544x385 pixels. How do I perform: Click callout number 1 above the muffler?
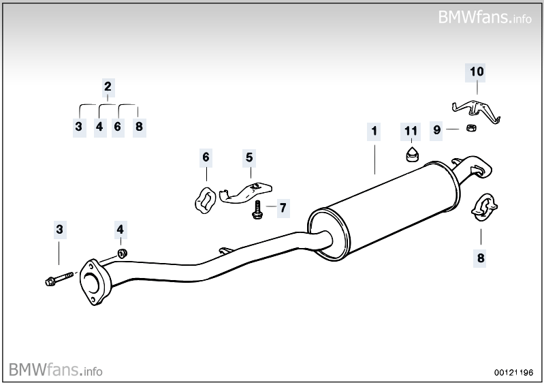[373, 129]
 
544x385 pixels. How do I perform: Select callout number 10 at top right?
[476, 70]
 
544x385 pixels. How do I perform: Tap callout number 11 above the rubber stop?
[410, 129]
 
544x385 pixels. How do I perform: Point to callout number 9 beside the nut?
[437, 129]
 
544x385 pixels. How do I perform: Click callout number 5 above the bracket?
[249, 157]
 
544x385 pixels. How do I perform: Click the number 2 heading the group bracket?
[108, 87]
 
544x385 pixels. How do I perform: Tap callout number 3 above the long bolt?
[59, 230]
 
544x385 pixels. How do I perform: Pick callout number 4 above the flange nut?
[120, 230]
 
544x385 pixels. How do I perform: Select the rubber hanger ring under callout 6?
[202, 198]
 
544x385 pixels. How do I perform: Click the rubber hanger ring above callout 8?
[484, 207]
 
